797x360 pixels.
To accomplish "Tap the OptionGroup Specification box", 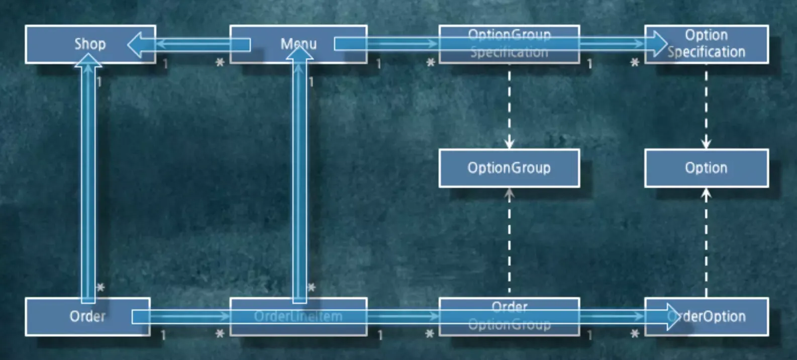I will [509, 44].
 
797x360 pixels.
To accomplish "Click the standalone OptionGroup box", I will [509, 168].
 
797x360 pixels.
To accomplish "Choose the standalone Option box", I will [706, 168].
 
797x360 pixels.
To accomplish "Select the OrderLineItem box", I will [298, 317].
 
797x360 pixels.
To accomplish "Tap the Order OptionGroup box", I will [509, 316].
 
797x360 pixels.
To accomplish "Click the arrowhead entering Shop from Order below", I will [88, 59].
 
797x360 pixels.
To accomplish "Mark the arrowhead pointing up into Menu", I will [300, 53].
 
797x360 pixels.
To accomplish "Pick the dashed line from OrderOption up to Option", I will [706, 246].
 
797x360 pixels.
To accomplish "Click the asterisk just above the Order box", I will [101, 288].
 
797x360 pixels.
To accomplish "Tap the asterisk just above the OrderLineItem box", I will [312, 288].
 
